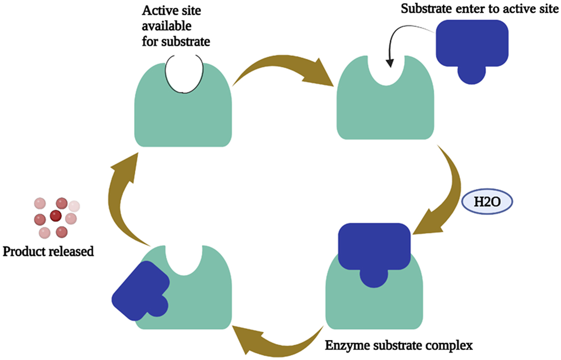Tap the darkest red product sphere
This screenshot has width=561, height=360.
point(56,216)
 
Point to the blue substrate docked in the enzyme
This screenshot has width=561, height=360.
point(374,252)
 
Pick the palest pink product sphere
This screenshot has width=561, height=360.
point(74,207)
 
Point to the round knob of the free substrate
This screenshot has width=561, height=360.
point(472,74)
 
